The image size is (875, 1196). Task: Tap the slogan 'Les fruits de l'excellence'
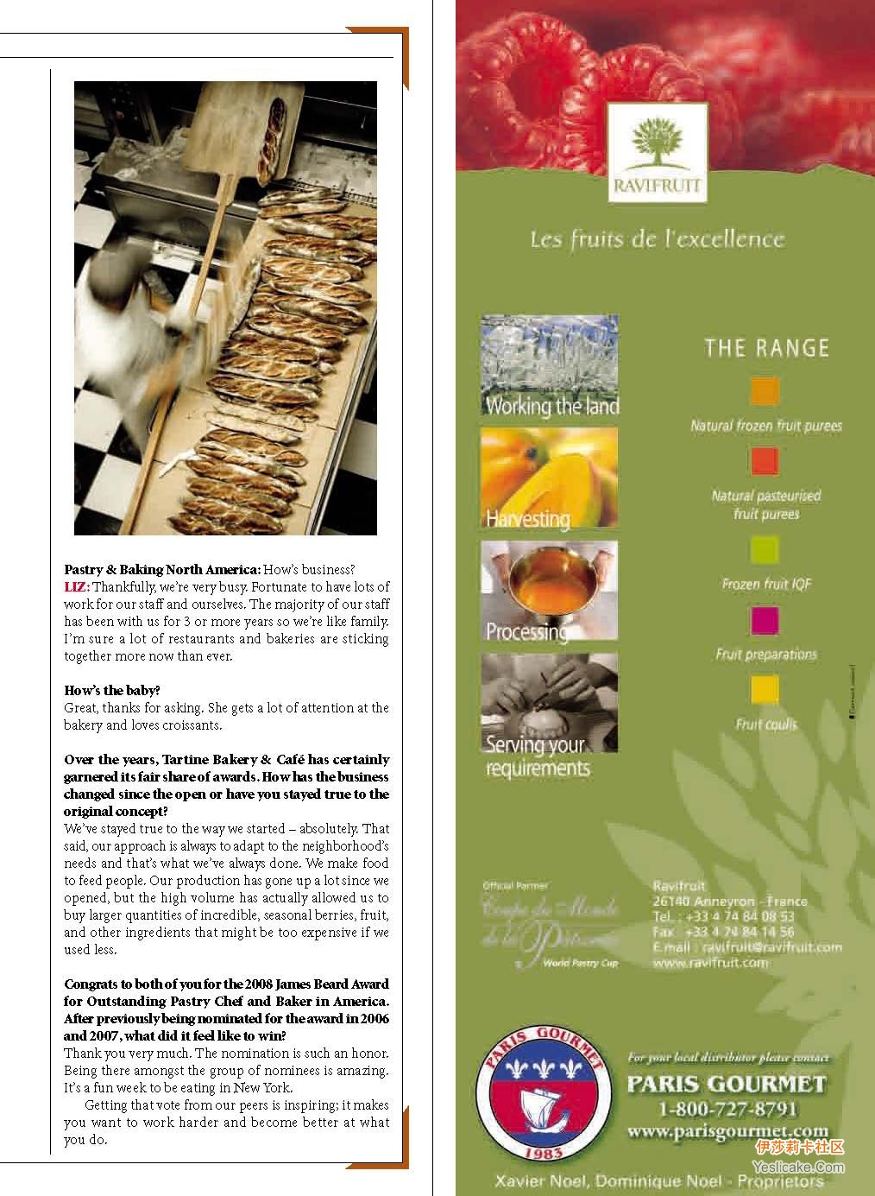[657, 239]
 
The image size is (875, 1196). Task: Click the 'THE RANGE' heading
[766, 349]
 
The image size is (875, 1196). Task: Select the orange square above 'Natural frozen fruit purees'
[765, 391]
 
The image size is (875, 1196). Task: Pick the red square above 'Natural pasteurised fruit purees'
[765, 461]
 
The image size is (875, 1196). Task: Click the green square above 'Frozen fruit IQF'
[765, 549]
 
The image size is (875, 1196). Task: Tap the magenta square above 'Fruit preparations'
[765, 619]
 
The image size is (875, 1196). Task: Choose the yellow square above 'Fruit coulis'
[765, 690]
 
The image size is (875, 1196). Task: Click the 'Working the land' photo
[549, 366]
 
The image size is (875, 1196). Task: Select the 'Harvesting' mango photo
[549, 478]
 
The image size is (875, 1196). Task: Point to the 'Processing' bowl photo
[549, 591]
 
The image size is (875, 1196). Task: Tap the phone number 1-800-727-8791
[727, 1109]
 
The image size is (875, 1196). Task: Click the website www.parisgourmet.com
[727, 1131]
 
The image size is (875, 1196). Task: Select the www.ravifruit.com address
[710, 963]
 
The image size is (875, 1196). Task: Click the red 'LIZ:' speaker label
[77, 587]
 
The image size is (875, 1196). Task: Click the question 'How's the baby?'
[112, 691]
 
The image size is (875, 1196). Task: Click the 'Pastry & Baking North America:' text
[162, 570]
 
